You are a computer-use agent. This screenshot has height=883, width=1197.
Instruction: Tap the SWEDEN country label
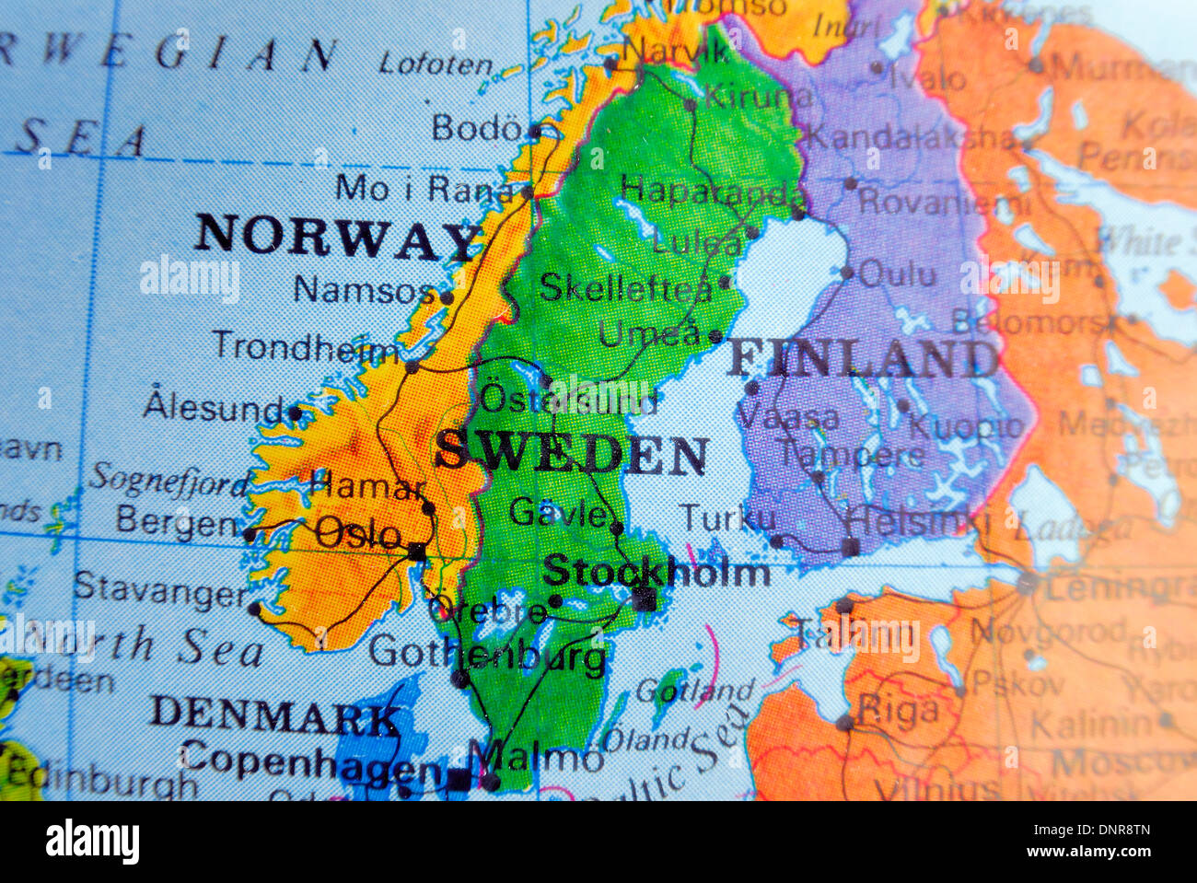tap(572, 453)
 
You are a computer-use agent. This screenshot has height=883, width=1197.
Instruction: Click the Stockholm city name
tap(657, 573)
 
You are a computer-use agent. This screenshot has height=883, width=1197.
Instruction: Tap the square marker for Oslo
tap(417, 552)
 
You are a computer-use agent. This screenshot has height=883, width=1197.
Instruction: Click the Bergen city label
tap(177, 522)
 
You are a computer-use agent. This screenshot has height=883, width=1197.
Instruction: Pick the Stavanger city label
tap(160, 590)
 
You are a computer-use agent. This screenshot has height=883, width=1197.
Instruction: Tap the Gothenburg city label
tap(488, 654)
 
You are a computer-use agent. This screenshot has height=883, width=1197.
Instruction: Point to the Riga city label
tap(898, 710)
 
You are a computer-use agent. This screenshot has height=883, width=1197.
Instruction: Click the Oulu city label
tap(897, 273)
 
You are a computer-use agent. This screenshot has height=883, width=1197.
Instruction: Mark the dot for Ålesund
tap(296, 413)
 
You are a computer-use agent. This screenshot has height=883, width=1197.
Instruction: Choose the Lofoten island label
tap(436, 64)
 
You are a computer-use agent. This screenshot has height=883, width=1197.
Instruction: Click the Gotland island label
tap(694, 691)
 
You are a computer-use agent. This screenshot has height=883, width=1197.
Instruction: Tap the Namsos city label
tap(363, 291)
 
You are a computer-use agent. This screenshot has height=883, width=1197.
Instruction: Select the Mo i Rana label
tap(424, 189)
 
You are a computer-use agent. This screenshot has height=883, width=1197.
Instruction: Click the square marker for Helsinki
tap(852, 548)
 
